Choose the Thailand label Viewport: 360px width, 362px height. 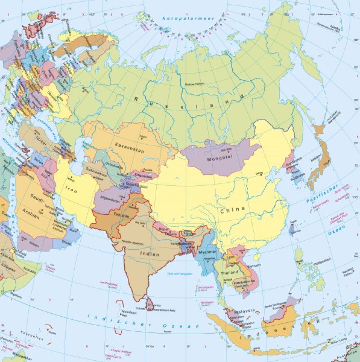coord(229,273)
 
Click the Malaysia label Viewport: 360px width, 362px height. coord(244,310)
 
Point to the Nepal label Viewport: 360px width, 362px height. coord(164,229)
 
